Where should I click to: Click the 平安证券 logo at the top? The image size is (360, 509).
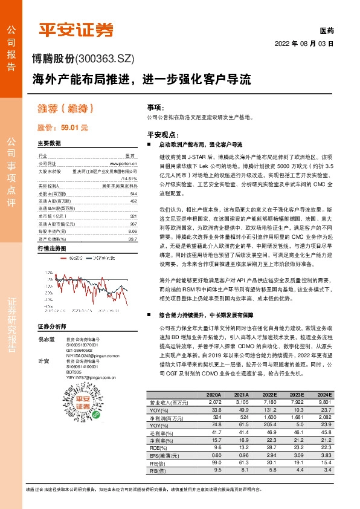76,30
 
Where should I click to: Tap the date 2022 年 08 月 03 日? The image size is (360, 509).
304,44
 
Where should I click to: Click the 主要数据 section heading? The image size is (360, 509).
50,144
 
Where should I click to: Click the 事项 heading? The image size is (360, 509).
155,107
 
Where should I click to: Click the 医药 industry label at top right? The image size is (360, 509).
326,30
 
